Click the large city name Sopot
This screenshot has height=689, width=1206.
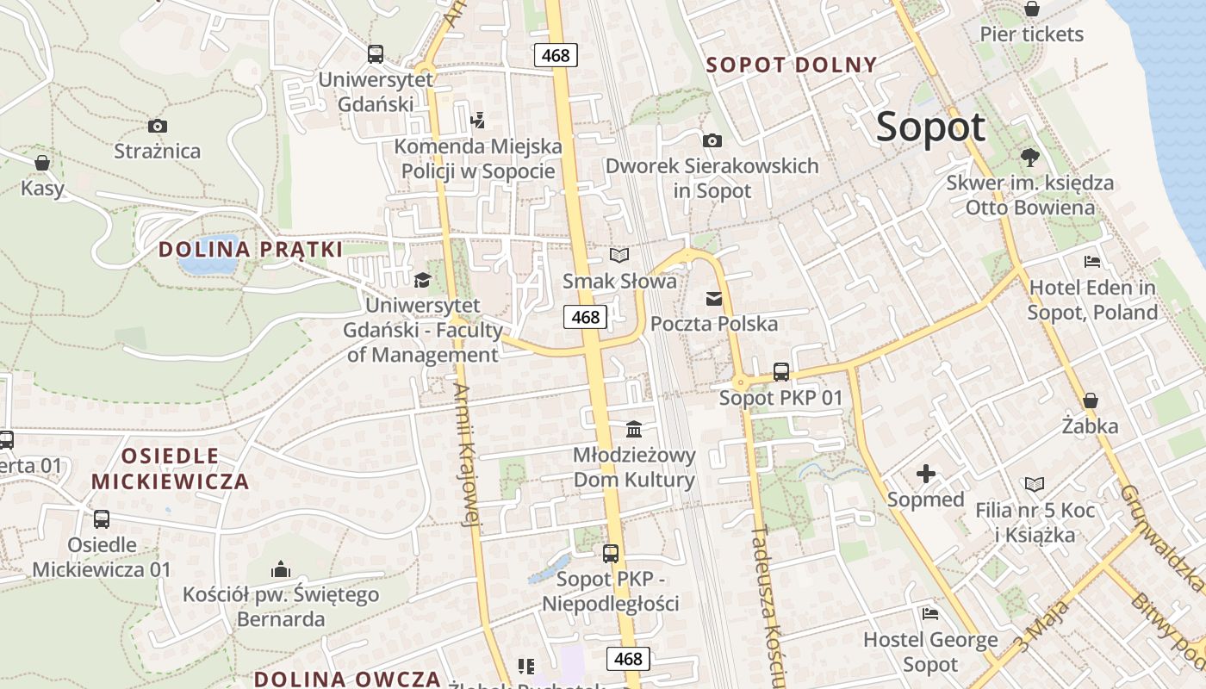[930, 127]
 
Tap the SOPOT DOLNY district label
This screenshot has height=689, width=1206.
[791, 65]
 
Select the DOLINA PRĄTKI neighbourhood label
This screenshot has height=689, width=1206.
[251, 250]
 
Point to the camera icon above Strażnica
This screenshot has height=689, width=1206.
[157, 127]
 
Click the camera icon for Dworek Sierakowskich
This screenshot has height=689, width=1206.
[712, 140]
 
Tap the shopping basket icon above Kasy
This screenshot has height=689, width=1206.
[41, 163]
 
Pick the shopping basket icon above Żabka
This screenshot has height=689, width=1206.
[1090, 400]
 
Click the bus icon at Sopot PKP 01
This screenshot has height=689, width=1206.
[780, 372]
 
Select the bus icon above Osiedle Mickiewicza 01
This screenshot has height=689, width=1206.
[102, 518]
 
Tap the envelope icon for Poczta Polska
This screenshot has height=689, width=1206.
[713, 299]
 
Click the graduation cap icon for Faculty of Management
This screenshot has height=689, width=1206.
[422, 280]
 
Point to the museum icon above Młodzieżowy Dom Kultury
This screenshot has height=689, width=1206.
[634, 429]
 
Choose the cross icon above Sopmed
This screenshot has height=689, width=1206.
[925, 474]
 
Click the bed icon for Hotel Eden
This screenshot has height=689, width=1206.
[1092, 262]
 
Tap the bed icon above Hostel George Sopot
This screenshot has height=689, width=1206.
[930, 614]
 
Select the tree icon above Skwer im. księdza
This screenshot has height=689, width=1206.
[1029, 157]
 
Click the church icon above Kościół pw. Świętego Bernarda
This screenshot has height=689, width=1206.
[280, 569]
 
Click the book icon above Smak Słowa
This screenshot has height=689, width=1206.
[619, 255]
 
